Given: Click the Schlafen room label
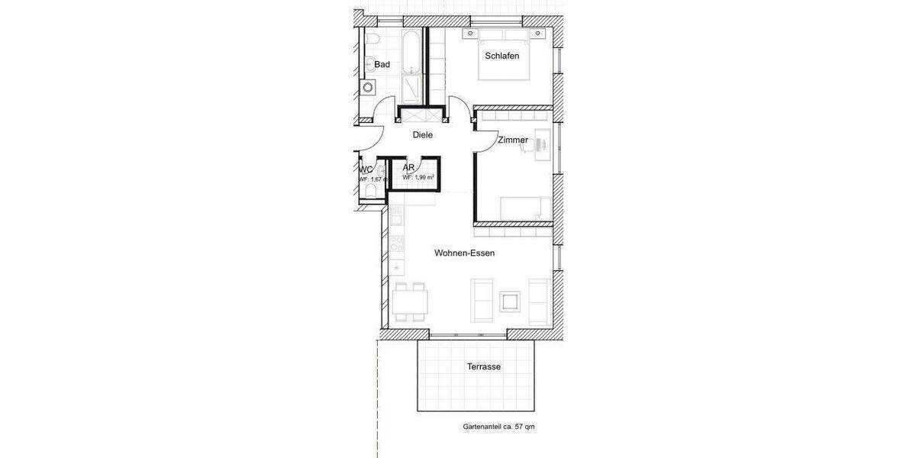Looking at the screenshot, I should point(502,56).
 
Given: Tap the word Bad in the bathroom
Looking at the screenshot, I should point(382,65).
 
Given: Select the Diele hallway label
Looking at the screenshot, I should point(422,135).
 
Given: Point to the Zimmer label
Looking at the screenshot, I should point(512,140).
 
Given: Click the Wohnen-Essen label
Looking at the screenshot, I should point(464,253).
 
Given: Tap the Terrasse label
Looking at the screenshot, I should point(483,367).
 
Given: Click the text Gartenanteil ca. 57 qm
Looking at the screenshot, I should point(498,427).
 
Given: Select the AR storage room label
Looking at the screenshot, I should point(408,167).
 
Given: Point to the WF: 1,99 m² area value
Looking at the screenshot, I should point(418,177).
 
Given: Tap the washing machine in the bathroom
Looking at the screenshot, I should point(368,86).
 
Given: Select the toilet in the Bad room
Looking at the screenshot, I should point(372,39).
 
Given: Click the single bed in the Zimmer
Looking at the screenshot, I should point(525,208).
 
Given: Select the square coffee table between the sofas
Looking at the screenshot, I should point(509,301).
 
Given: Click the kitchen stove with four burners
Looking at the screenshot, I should point(397,245).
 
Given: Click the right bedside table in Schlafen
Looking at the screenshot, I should point(540,34).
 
